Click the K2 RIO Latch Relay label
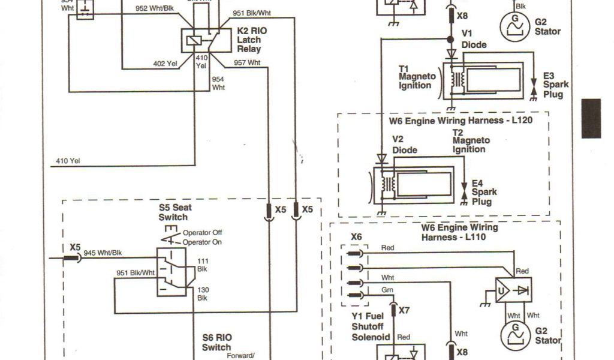point(249,40)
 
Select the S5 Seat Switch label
point(173,212)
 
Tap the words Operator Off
point(203,233)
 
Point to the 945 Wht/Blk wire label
point(103,253)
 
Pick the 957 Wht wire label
point(247,62)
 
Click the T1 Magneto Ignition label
point(415,77)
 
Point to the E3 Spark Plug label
point(556,85)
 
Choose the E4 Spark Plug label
point(484,192)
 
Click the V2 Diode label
point(404,145)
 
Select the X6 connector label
point(356,237)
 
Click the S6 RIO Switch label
point(216,343)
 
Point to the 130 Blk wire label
point(202,293)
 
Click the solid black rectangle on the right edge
point(591,118)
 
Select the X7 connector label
point(404,310)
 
